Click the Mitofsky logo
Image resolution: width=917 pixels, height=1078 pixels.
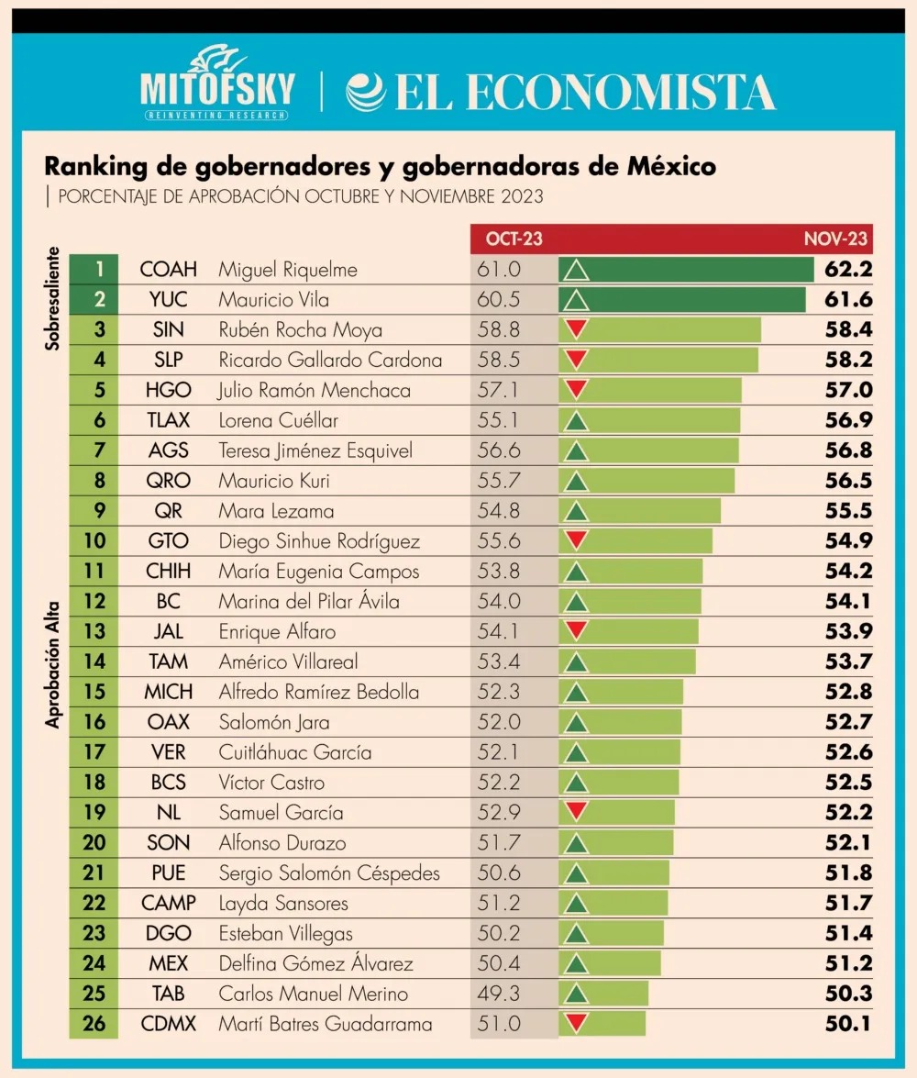tap(217, 84)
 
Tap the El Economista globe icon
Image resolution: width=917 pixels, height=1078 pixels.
tap(365, 92)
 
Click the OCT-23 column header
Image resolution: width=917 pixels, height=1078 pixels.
tap(514, 239)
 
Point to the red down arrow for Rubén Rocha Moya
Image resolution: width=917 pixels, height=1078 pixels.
tap(576, 329)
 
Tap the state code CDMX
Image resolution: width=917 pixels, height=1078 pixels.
tap(169, 1024)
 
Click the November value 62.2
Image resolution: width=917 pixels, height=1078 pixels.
tap(847, 270)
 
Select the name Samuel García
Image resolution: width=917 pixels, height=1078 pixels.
tap(281, 813)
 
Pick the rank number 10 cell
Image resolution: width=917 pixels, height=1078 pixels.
tap(94, 541)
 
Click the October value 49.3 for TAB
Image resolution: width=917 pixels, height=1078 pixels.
tap(499, 994)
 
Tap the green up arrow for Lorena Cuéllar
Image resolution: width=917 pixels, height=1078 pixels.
tap(576, 421)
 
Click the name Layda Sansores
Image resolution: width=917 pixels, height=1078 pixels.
tap(283, 904)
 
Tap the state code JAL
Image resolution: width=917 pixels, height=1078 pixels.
tap(169, 632)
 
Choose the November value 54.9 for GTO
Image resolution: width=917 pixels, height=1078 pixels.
tap(847, 541)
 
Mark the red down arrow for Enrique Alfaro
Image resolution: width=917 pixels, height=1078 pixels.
tap(576, 631)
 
